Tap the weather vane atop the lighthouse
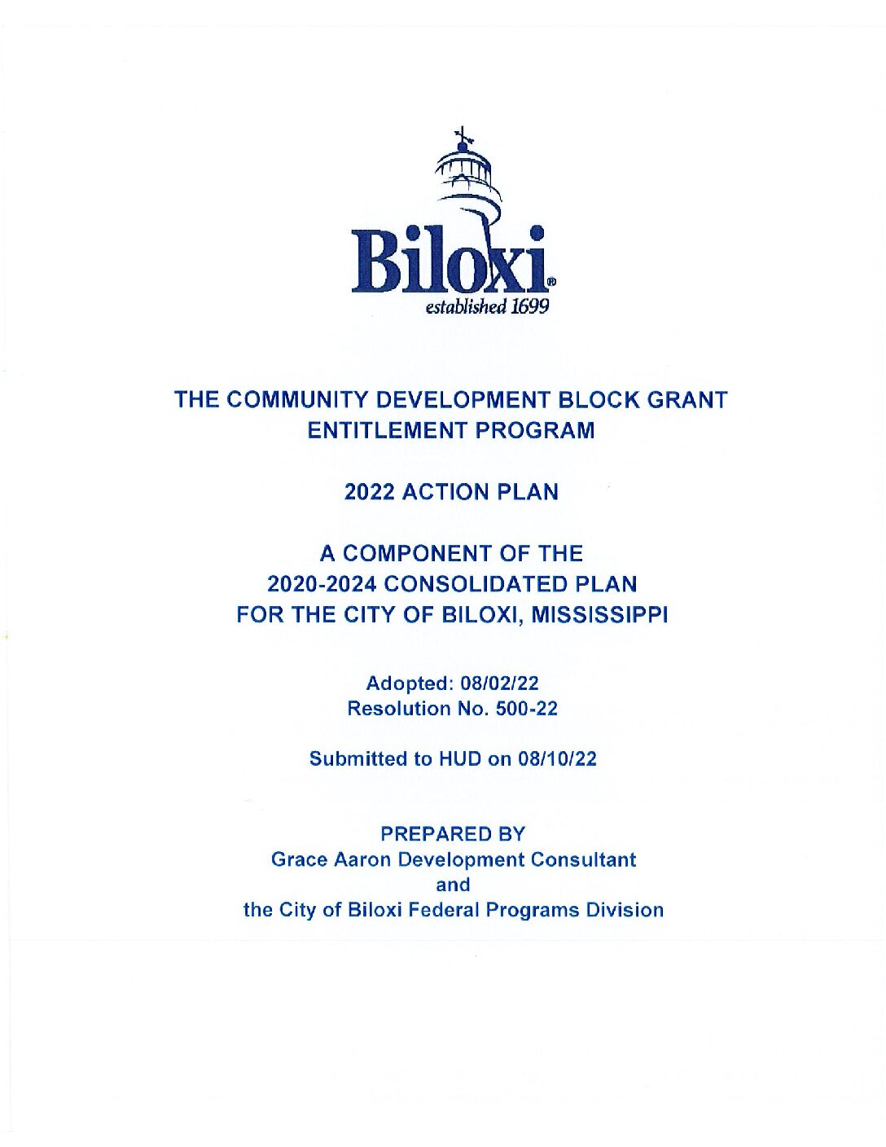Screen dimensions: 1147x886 (463, 135)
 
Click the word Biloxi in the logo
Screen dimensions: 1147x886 (450, 261)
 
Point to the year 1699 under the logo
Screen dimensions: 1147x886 (530, 306)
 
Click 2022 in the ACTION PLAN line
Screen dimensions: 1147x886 (371, 492)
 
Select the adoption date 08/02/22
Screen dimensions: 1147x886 (500, 683)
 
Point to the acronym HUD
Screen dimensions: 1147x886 (460, 759)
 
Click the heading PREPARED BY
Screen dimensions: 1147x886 (453, 834)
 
